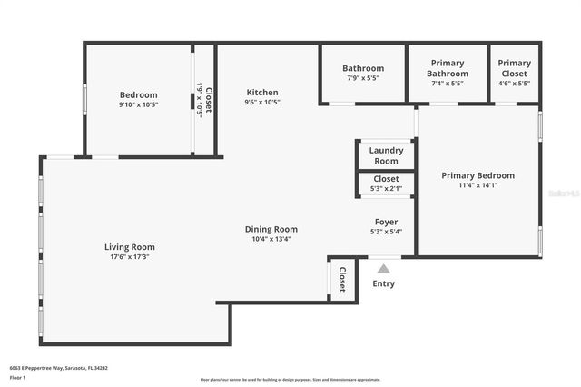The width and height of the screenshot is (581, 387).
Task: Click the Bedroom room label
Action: (x=138, y=94)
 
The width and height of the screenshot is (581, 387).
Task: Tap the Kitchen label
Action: (x=262, y=92)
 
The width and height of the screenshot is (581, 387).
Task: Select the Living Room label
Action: (x=130, y=246)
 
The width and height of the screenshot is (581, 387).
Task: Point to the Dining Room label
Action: (x=271, y=229)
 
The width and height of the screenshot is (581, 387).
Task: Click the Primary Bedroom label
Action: (x=478, y=175)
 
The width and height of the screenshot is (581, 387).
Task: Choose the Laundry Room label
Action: (x=386, y=155)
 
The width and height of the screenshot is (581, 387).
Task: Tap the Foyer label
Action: (x=387, y=222)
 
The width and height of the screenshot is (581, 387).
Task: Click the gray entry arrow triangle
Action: (x=384, y=269)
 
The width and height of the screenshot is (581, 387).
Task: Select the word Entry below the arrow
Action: (x=384, y=284)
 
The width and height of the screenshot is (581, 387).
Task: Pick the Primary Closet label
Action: (x=515, y=68)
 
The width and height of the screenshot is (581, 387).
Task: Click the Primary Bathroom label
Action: (x=448, y=68)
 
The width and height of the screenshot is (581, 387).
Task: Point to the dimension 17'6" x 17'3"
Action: (x=130, y=257)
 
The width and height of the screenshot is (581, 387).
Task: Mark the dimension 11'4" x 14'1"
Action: (x=478, y=186)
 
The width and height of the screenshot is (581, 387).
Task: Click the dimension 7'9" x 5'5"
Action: (x=362, y=79)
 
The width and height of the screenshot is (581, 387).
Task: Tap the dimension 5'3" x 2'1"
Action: (x=386, y=190)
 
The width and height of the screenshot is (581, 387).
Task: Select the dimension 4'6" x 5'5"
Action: (x=515, y=84)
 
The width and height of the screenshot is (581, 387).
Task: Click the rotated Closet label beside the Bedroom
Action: (x=209, y=99)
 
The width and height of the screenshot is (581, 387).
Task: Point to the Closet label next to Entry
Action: (x=342, y=280)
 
